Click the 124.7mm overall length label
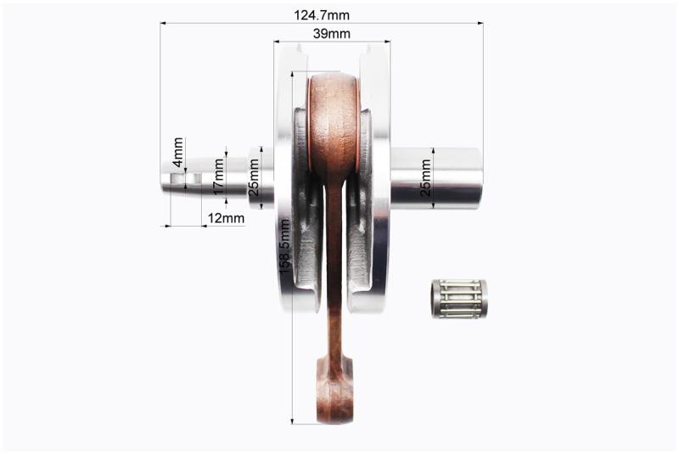pyautogui.click(x=322, y=15)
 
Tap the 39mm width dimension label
pyautogui.click(x=332, y=33)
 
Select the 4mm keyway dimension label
pyautogui.click(x=178, y=152)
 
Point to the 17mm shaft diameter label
pyautogui.click(x=219, y=177)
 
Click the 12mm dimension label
pyautogui.click(x=226, y=218)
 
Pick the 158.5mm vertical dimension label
pyautogui.click(x=284, y=246)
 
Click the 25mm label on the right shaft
pyautogui.click(x=426, y=177)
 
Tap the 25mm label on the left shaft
pyautogui.click(x=253, y=177)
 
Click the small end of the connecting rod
pyautogui.click(x=334, y=389)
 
